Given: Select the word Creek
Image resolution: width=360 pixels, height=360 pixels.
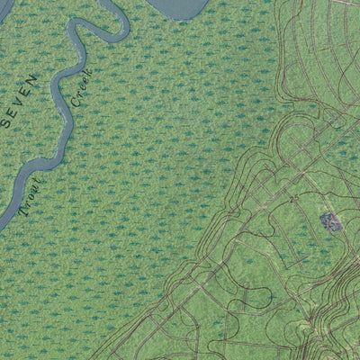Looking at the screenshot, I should (x=81, y=87).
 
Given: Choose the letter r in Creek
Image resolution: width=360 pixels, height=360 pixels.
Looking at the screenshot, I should (x=77, y=94).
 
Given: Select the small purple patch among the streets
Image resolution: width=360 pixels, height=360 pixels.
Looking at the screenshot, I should (x=330, y=220).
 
